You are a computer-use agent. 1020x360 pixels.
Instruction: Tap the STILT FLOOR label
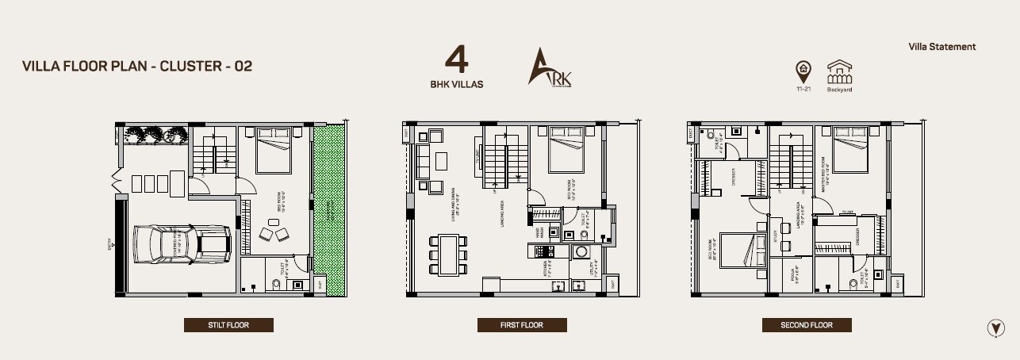[x=228, y=325]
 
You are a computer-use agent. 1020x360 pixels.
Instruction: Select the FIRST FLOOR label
[x=522, y=325]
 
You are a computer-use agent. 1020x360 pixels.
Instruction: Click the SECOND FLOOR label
[x=807, y=325]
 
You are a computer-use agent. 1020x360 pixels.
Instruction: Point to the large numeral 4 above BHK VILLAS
[x=455, y=61]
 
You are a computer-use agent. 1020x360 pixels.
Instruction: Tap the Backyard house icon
[x=839, y=73]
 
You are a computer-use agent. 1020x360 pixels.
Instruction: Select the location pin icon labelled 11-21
[x=803, y=72]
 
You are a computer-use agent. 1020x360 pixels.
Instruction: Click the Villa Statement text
[x=942, y=47]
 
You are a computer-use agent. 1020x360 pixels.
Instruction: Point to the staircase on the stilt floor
[x=213, y=152]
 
